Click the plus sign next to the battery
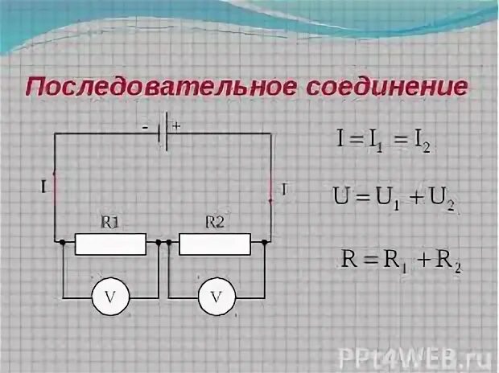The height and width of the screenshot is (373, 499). pyautogui.click(x=176, y=125)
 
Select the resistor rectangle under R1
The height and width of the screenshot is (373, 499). pyautogui.click(x=110, y=243)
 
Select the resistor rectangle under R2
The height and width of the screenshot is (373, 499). pyautogui.click(x=214, y=243)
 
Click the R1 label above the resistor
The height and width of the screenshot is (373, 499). pyautogui.click(x=110, y=223)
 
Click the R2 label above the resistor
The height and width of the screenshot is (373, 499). pyautogui.click(x=214, y=223)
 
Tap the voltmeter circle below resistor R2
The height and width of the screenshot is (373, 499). pyautogui.click(x=216, y=298)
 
